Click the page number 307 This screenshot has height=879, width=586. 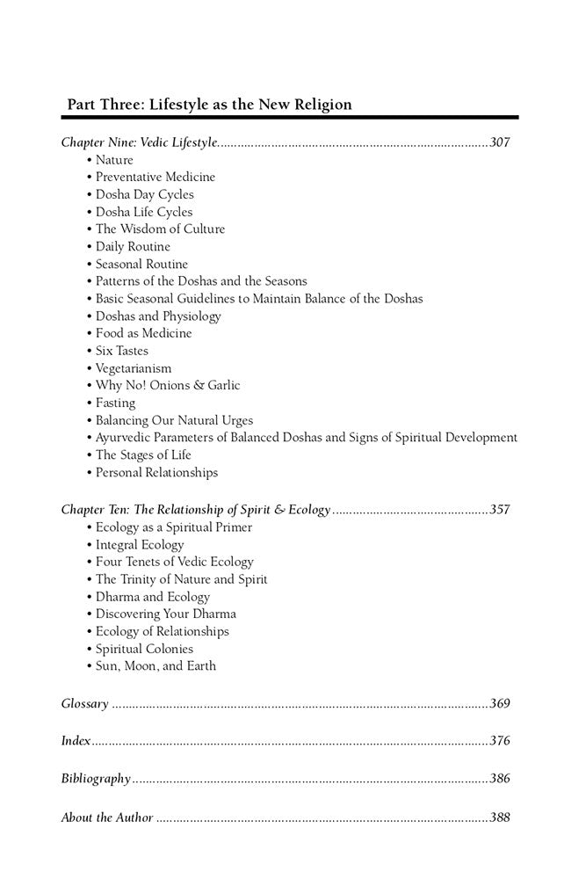pyautogui.click(x=500, y=142)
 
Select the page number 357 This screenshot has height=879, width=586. pyautogui.click(x=500, y=510)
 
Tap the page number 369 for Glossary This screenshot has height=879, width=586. pyautogui.click(x=500, y=703)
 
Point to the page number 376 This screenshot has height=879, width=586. pyautogui.click(x=500, y=741)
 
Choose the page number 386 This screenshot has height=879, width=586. pyautogui.click(x=500, y=779)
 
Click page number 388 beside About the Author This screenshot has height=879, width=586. pyautogui.click(x=500, y=817)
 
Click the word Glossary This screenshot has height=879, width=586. pyautogui.click(x=85, y=703)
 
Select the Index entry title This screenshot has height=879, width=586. pyautogui.click(x=76, y=741)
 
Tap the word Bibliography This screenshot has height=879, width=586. pyautogui.click(x=96, y=779)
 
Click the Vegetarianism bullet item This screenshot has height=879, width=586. pyautogui.click(x=134, y=368)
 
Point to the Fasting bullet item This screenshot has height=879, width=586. pyautogui.click(x=115, y=403)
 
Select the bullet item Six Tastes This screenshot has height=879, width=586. pyautogui.click(x=122, y=351)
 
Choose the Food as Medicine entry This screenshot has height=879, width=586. pyautogui.click(x=143, y=333)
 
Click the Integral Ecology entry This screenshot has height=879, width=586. pyautogui.click(x=140, y=544)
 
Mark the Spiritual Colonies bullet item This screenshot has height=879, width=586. pyautogui.click(x=144, y=649)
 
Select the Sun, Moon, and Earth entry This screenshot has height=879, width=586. pyautogui.click(x=156, y=666)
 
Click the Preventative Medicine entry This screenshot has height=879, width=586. pyautogui.click(x=155, y=177)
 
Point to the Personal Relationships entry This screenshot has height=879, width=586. pyautogui.click(x=156, y=472)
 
